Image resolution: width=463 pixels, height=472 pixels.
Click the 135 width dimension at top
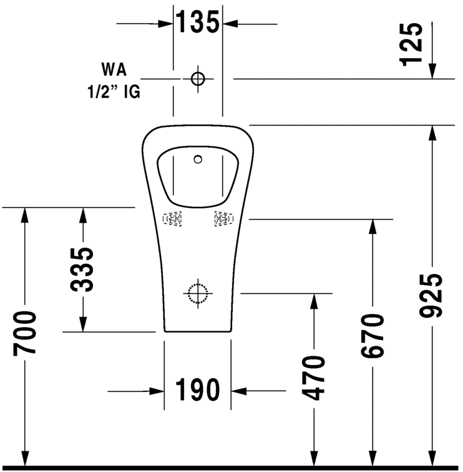point(197,22)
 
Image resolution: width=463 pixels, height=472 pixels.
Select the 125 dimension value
point(411,44)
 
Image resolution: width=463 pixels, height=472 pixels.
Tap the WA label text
point(114,69)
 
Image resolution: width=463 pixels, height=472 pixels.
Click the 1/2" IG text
point(114,91)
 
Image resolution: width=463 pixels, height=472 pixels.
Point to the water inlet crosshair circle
point(198,79)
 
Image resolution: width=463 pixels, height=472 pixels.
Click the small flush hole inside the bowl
point(198,159)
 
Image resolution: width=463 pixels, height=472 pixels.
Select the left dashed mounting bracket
point(172,219)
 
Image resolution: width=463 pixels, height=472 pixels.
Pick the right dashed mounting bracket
point(224,219)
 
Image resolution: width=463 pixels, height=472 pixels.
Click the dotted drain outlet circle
point(198,293)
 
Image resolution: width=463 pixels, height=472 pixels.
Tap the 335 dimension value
point(82,269)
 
